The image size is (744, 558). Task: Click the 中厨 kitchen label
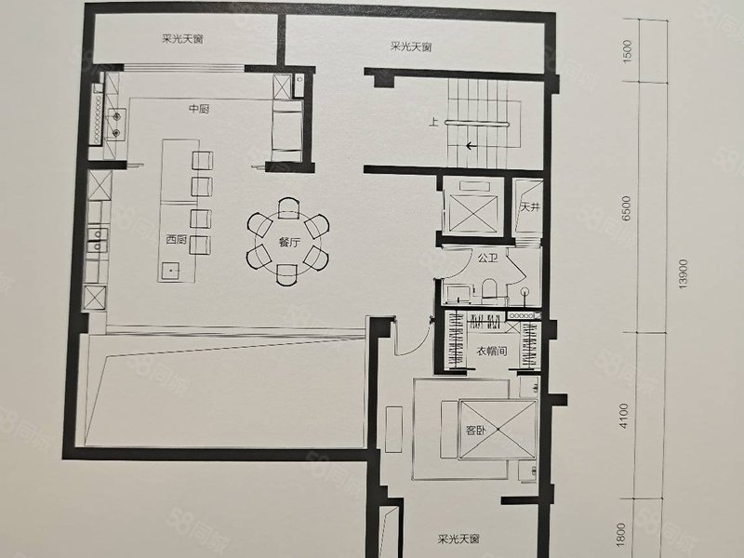tap(198, 110)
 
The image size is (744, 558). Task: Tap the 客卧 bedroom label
tap(476, 431)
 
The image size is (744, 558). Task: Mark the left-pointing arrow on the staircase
tap(472, 145)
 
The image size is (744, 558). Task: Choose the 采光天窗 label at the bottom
tap(458, 539)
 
